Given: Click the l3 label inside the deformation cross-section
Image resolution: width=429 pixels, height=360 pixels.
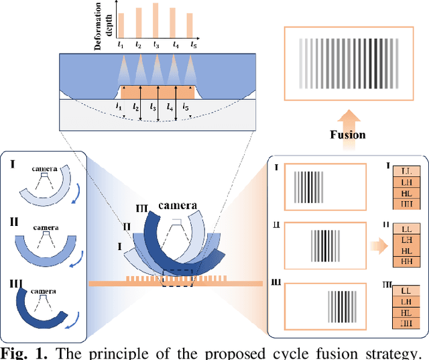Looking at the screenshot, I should tap(154, 107).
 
